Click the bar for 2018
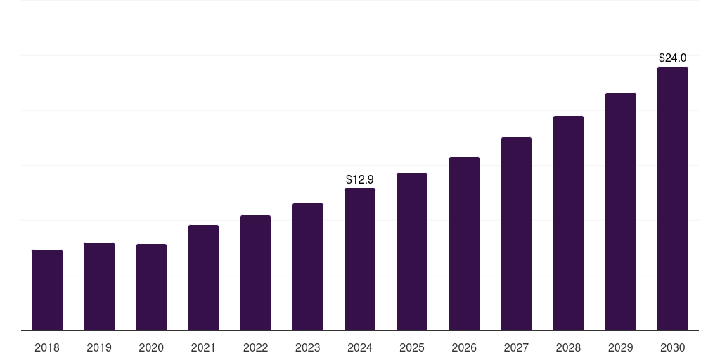47,290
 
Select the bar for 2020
151,287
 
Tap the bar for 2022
255,273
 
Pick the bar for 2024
360,259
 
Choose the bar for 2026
464,243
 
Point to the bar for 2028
568,223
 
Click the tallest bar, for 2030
672,198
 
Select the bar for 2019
99,286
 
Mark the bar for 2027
516,233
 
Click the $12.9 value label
360,180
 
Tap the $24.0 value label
672,58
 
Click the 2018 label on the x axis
47,347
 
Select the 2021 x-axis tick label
203,347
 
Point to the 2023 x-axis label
307,347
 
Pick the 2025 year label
412,347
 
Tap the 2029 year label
620,347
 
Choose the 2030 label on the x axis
672,347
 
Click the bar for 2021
203,278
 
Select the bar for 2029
620,212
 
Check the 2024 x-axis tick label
360,347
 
